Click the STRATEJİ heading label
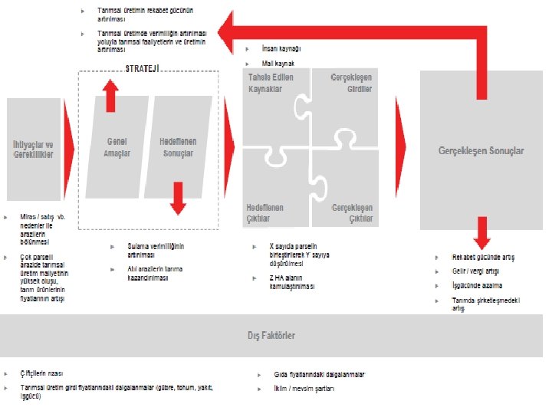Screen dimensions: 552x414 [143, 67]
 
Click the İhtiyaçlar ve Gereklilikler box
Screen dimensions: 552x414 [33, 149]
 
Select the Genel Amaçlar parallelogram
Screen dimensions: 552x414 [117, 147]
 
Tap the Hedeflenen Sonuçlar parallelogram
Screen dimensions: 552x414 [178, 147]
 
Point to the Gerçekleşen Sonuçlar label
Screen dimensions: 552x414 [481, 151]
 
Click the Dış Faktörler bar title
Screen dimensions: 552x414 [271, 336]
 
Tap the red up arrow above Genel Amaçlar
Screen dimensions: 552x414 [111, 95]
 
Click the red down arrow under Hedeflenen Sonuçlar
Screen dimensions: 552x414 [178, 199]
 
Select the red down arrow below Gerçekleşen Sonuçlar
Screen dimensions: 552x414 [481, 230]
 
